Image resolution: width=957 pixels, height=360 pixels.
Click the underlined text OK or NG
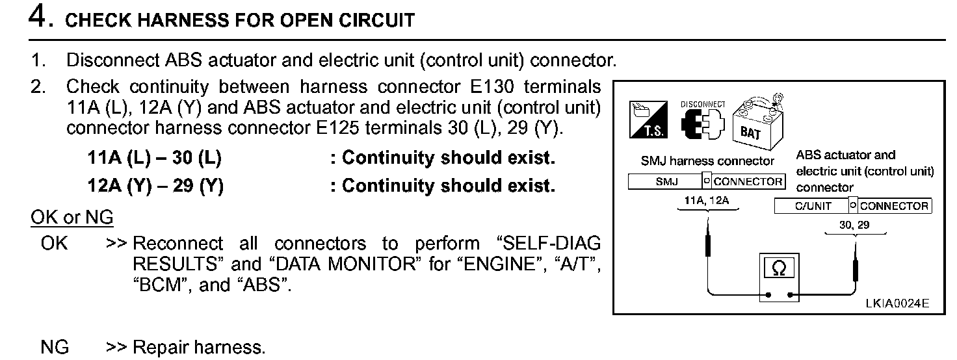[x=72, y=217]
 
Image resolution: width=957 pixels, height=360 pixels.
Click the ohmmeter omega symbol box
[x=779, y=268]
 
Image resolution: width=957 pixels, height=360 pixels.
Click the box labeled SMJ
[x=666, y=182]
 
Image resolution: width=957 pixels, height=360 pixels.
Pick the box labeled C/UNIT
[x=812, y=207]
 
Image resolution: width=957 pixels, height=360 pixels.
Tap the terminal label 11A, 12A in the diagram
[x=707, y=201]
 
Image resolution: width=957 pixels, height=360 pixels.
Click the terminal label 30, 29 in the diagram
[x=854, y=225]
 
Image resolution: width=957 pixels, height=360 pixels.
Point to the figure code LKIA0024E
[x=897, y=303]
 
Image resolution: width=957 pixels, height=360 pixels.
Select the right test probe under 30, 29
[x=855, y=265]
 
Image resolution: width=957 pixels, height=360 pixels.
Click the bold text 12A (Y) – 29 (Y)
[x=155, y=186]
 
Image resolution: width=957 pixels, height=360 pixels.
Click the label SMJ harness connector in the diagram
[x=707, y=161]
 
